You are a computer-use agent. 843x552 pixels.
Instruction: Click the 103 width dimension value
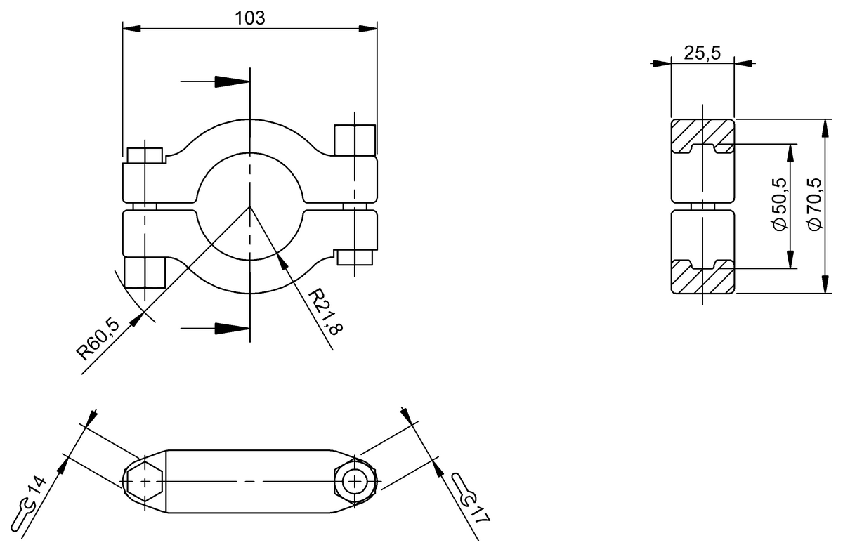tap(250, 18)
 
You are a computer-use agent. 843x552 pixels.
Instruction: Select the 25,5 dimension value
tap(702, 53)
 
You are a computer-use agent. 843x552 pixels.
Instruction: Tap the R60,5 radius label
tap(98, 339)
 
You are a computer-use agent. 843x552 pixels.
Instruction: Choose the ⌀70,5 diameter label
tap(814, 205)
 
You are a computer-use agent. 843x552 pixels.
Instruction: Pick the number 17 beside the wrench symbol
tap(481, 513)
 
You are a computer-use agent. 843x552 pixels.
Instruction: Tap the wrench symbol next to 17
tap(464, 489)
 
